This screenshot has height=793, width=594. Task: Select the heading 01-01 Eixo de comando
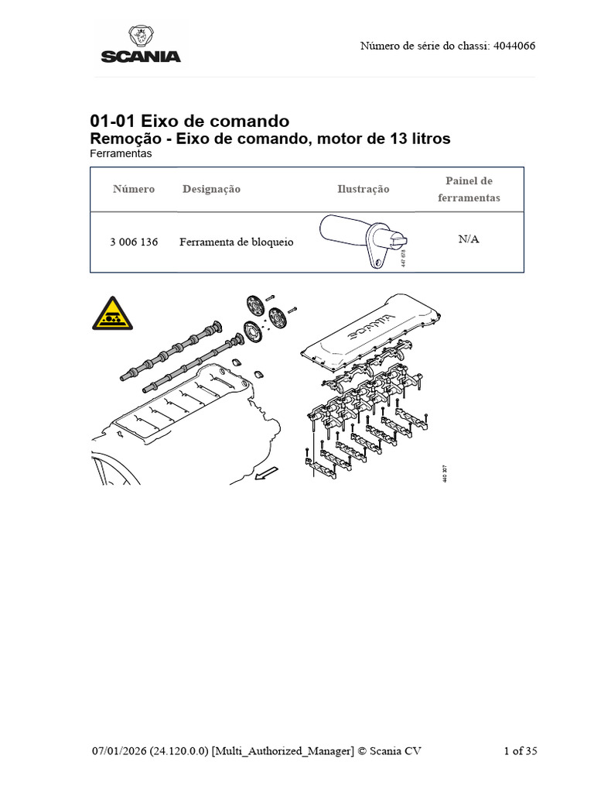pyautogui.click(x=189, y=121)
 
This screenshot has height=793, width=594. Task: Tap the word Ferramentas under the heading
pyautogui.click(x=121, y=153)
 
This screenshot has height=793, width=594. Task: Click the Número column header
pyautogui.click(x=134, y=189)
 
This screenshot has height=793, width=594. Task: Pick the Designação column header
pyautogui.click(x=211, y=189)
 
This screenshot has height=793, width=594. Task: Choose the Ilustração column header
pyautogui.click(x=363, y=189)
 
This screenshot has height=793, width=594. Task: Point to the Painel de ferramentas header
pyautogui.click(x=469, y=189)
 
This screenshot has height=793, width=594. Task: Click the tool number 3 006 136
pyautogui.click(x=134, y=242)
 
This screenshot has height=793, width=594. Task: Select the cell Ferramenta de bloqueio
pyautogui.click(x=237, y=242)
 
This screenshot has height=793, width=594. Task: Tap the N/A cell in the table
pyautogui.click(x=469, y=239)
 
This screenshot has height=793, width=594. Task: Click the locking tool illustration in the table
pyautogui.click(x=362, y=241)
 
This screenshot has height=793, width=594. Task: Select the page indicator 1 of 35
pyautogui.click(x=520, y=750)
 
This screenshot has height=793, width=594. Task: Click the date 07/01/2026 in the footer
pyautogui.click(x=118, y=750)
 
